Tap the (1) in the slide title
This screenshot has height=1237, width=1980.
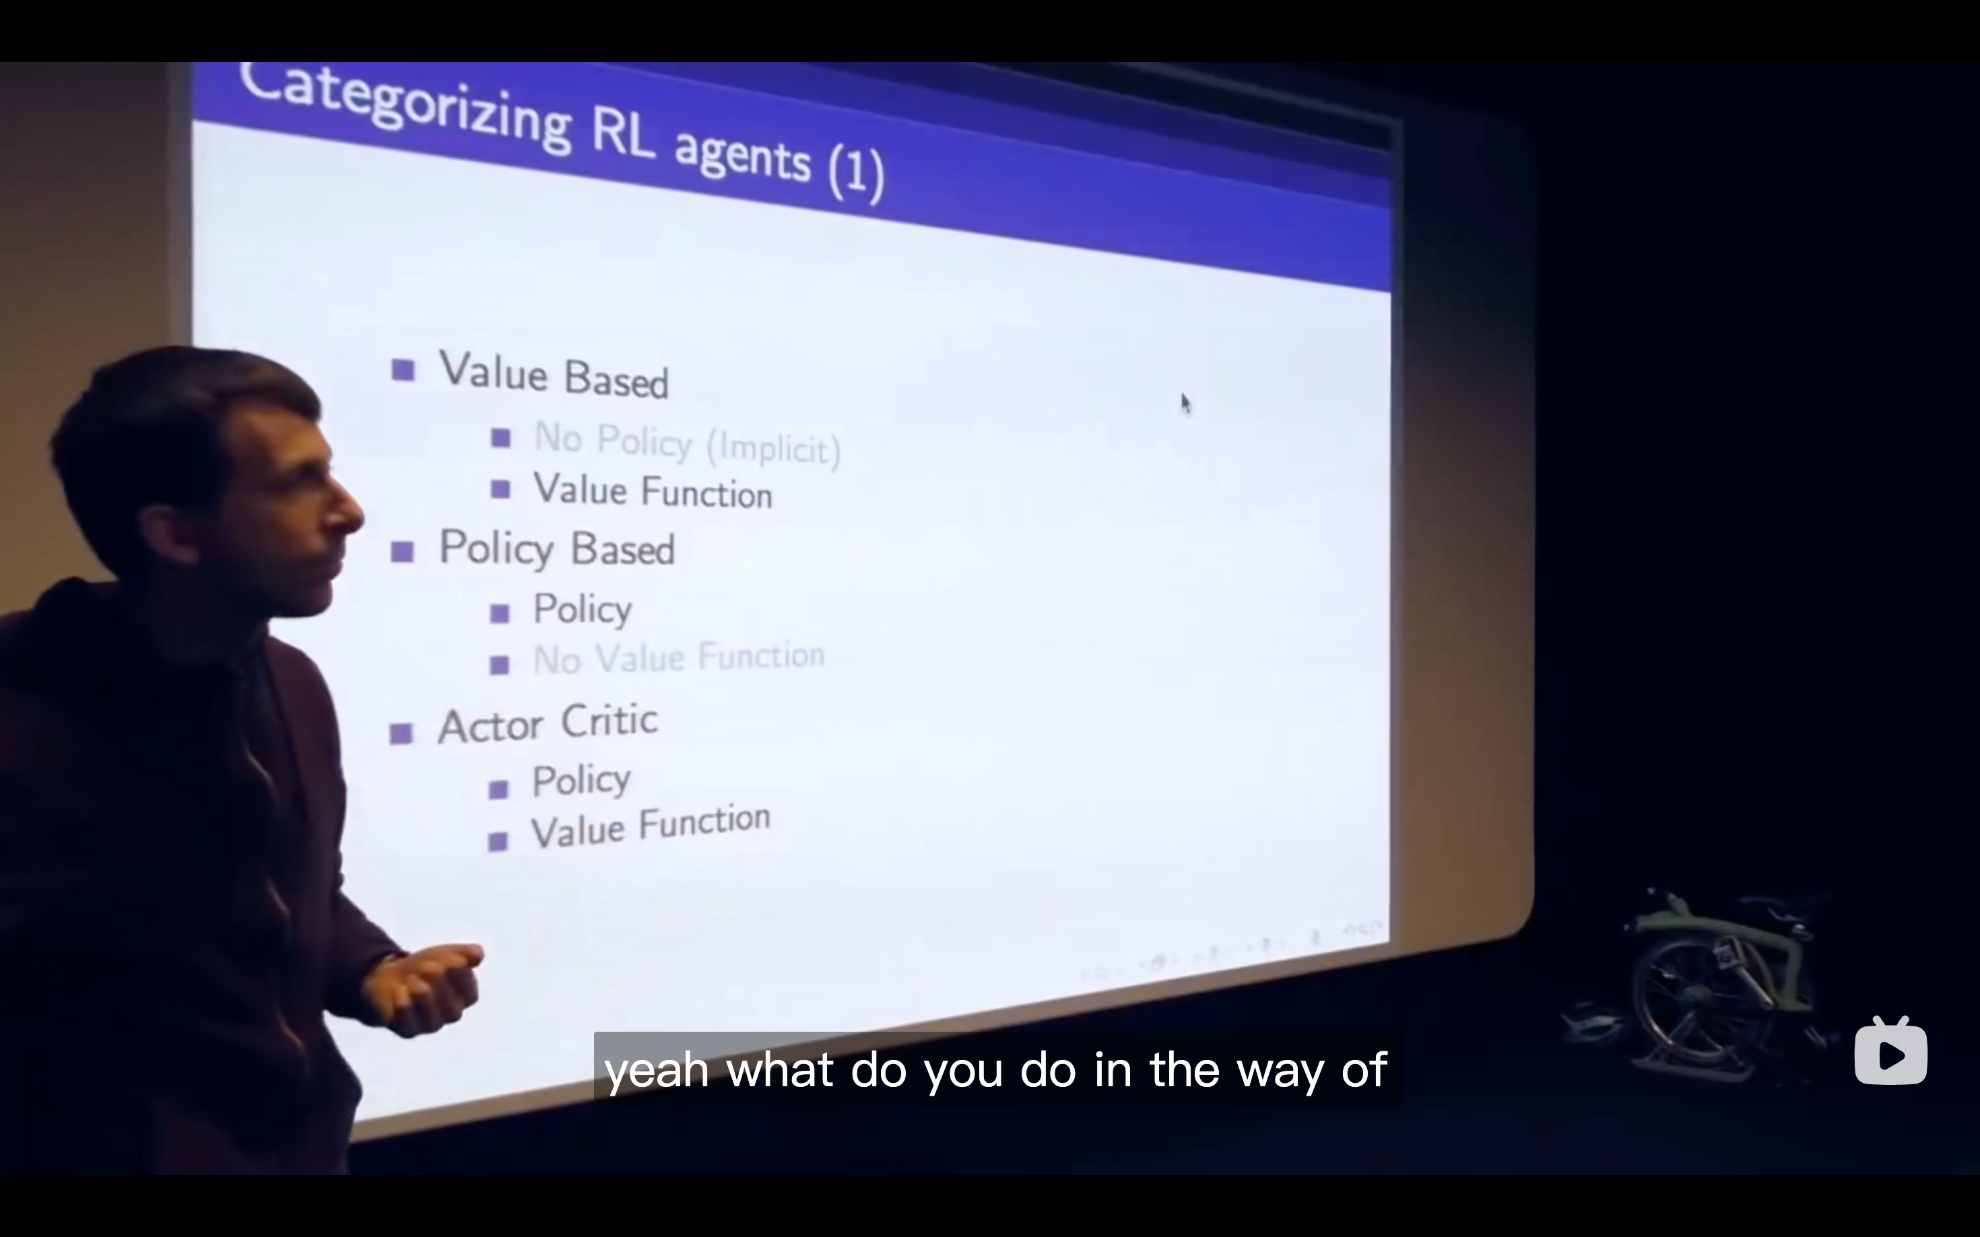856,172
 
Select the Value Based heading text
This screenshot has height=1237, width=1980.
554,375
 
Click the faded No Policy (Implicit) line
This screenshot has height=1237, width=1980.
688,444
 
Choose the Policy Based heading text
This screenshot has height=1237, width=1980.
556,548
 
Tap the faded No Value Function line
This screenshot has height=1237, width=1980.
679,658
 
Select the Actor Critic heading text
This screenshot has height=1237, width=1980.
548,724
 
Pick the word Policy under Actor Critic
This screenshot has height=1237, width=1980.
581,779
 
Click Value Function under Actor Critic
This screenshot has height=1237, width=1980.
651,826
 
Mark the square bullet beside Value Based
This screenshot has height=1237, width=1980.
403,371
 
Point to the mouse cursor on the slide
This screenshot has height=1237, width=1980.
1186,403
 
